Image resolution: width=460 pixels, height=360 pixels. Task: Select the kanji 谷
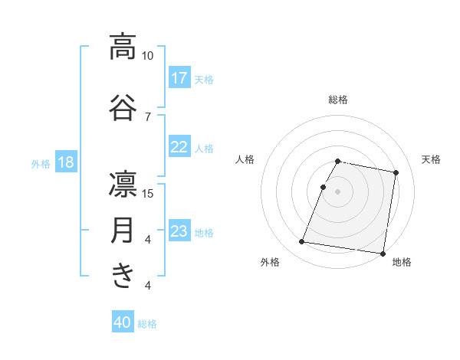click(123, 106)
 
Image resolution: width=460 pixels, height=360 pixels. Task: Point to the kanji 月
click(123, 230)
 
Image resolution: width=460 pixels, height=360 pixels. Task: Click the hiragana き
click(123, 275)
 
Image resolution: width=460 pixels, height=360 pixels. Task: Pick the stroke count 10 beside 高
click(147, 56)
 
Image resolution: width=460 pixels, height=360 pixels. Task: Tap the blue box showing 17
click(179, 78)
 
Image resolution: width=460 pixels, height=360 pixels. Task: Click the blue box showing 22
click(179, 147)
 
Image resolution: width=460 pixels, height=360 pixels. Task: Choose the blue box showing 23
click(179, 231)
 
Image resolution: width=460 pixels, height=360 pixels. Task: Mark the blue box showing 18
click(65, 162)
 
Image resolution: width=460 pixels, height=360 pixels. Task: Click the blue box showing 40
click(123, 322)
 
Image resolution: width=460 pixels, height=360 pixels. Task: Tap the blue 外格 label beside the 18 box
click(41, 163)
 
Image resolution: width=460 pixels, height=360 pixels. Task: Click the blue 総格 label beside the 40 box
click(147, 324)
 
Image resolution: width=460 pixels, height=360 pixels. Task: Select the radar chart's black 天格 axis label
click(431, 159)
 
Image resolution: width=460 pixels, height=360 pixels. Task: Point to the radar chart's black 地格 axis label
click(402, 262)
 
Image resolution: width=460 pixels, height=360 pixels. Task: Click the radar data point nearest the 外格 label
click(301, 242)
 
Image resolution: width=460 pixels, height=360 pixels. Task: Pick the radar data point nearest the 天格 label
click(396, 173)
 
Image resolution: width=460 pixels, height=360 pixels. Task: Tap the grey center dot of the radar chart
click(337, 191)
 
